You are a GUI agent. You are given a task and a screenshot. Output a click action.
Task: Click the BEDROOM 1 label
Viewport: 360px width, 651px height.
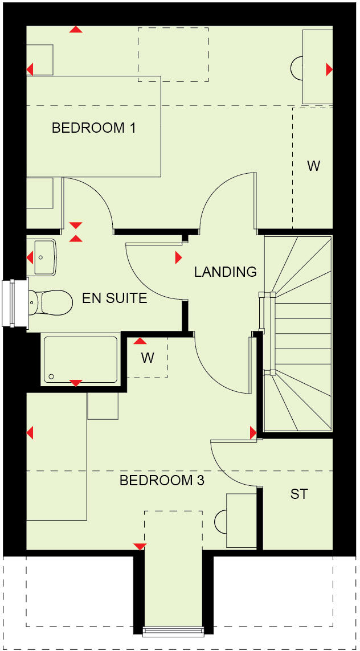(93, 128)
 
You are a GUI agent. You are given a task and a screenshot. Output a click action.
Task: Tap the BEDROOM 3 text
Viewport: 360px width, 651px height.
(162, 481)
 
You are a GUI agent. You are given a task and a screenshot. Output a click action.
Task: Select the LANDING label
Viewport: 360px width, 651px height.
(226, 272)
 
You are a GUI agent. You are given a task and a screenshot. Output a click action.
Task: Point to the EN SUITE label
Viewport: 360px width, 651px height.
(114, 298)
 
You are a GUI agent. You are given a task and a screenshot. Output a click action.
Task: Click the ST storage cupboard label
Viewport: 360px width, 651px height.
(299, 494)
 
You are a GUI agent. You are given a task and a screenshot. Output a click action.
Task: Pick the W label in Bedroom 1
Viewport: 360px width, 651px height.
(313, 166)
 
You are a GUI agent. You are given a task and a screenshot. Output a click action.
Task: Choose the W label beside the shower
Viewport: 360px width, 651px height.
(148, 358)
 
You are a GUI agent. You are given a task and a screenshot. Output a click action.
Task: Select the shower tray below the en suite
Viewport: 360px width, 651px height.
(80, 359)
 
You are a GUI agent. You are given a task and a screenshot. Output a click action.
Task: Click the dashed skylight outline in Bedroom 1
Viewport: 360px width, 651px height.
(173, 54)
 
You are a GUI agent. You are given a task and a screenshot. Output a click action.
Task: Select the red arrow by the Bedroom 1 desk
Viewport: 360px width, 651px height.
(329, 69)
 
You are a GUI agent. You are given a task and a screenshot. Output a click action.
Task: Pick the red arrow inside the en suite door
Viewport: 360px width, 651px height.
(179, 258)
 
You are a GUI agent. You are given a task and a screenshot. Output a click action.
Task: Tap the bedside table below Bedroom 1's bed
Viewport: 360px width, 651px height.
(40, 193)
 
